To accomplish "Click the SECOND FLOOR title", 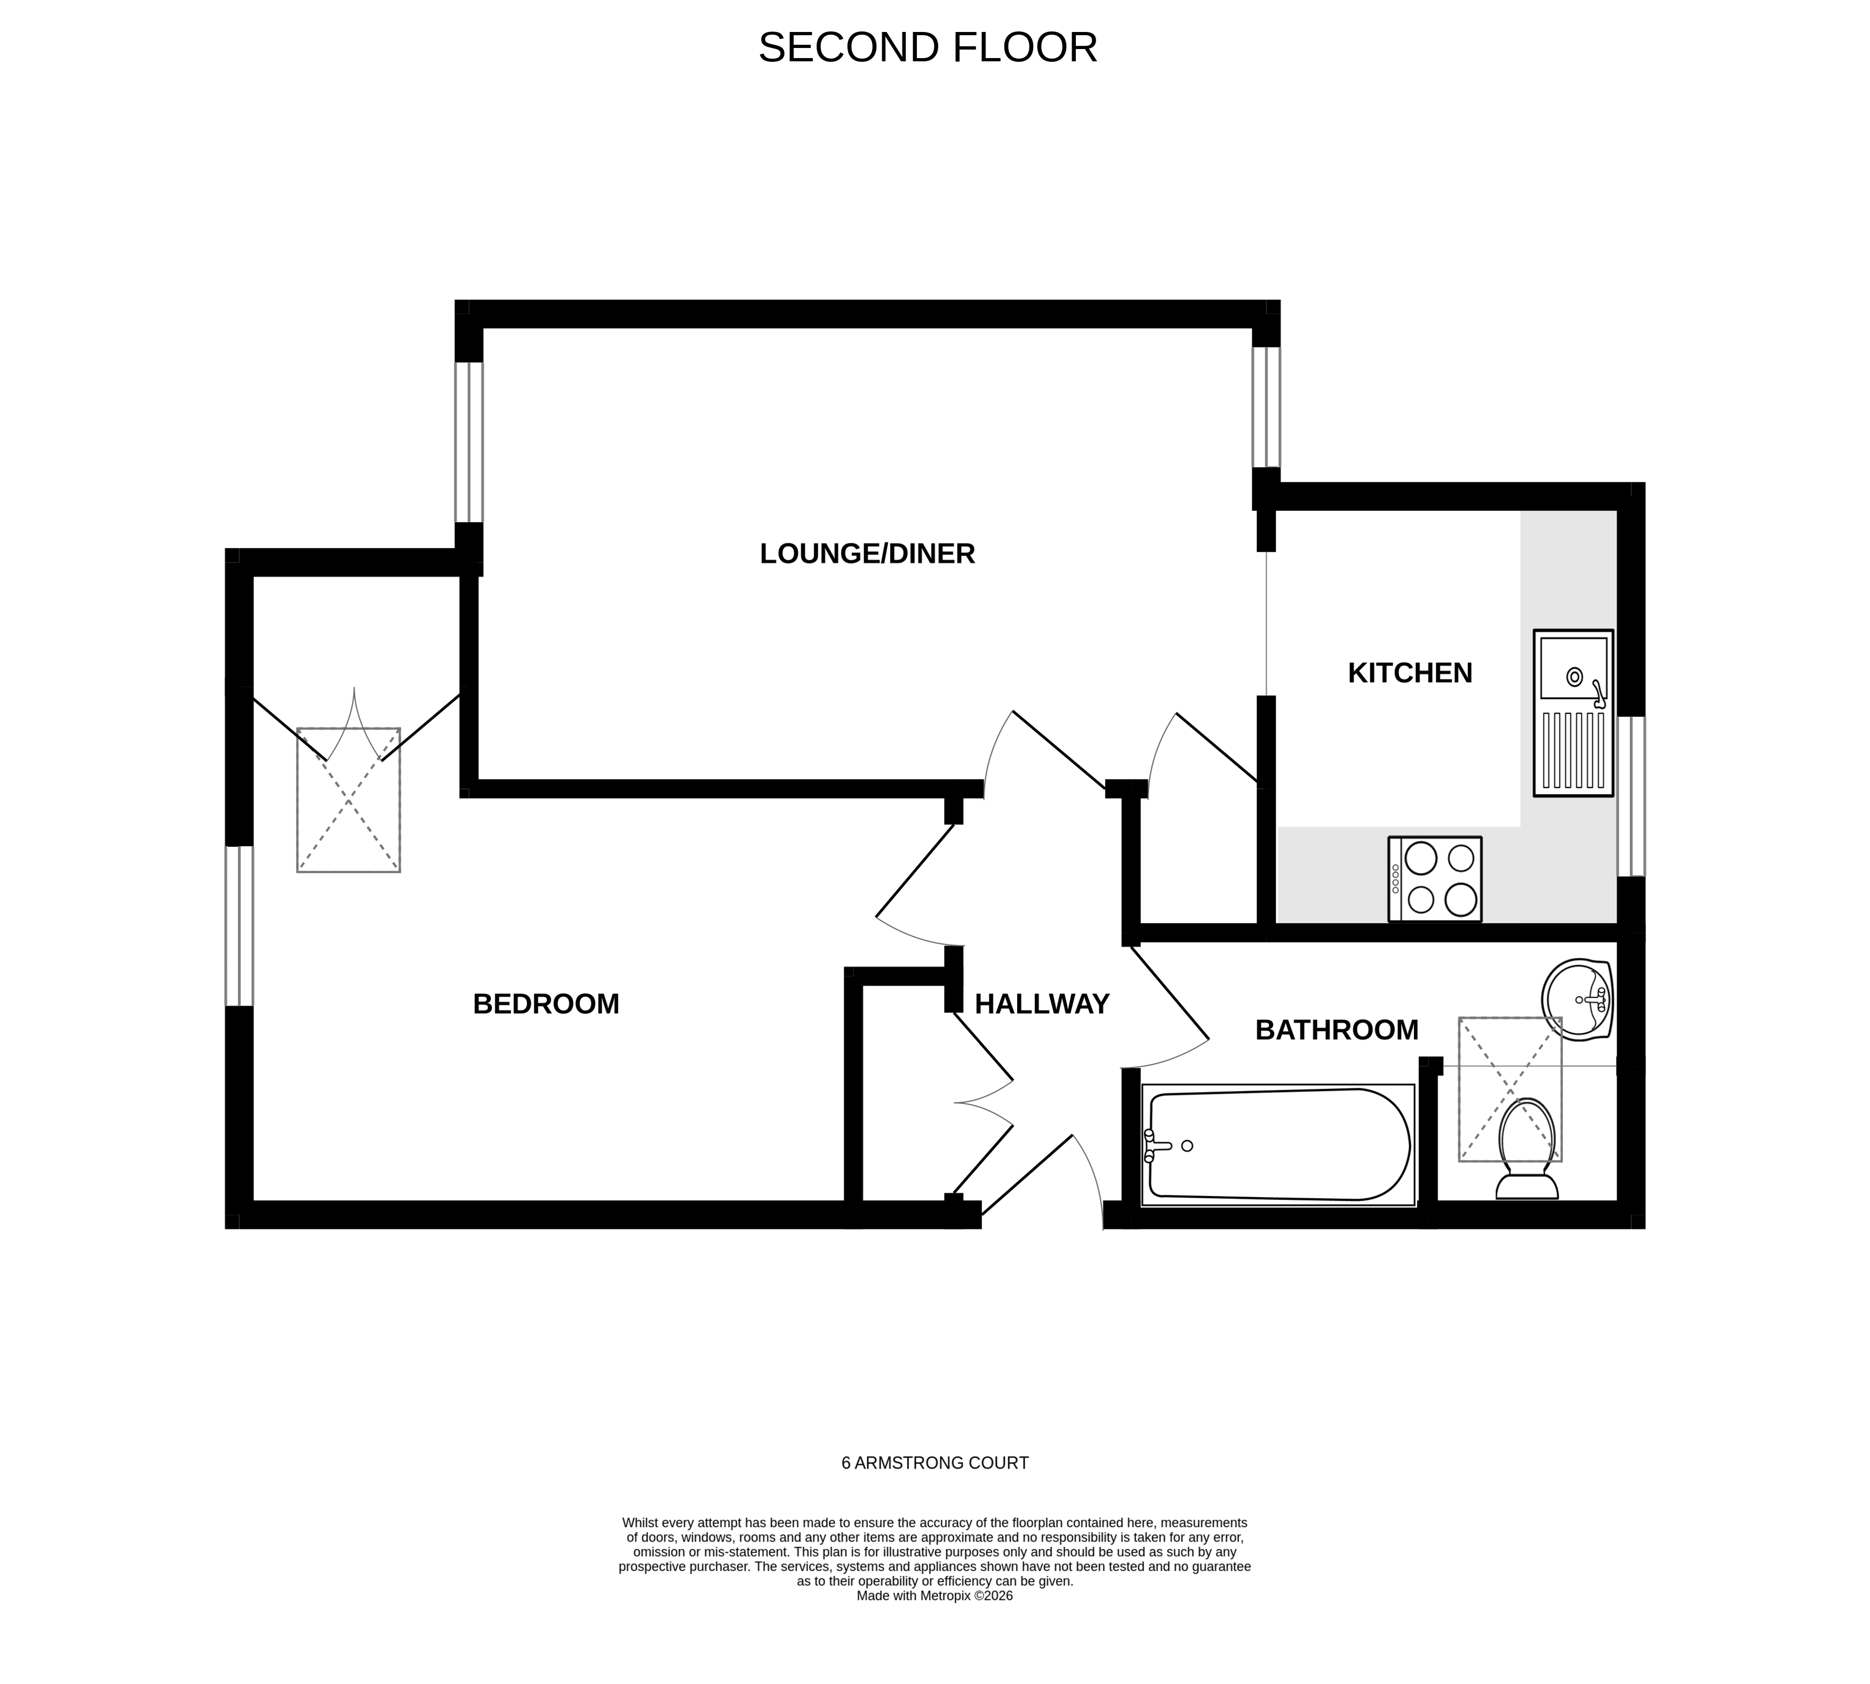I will (x=927, y=48).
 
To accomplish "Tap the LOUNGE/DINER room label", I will (x=867, y=554).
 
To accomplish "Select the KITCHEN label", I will (x=1409, y=672).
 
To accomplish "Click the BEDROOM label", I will (x=546, y=1004).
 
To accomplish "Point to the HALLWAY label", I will (x=1041, y=1004).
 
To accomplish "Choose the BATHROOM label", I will (x=1336, y=1030).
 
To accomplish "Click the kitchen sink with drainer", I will (x=1573, y=712).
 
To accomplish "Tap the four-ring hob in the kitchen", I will (x=1434, y=879).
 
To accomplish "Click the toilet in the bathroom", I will (x=1527, y=1148).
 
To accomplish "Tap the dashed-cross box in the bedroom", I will (x=348, y=799).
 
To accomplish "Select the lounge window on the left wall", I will (x=469, y=442).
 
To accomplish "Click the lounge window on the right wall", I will (x=1266, y=407).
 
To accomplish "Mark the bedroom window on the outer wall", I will (x=239, y=925).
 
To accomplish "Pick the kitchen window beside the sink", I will (x=1631, y=796).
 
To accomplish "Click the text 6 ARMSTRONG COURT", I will (x=934, y=1463).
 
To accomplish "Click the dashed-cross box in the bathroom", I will (x=1510, y=1089).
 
